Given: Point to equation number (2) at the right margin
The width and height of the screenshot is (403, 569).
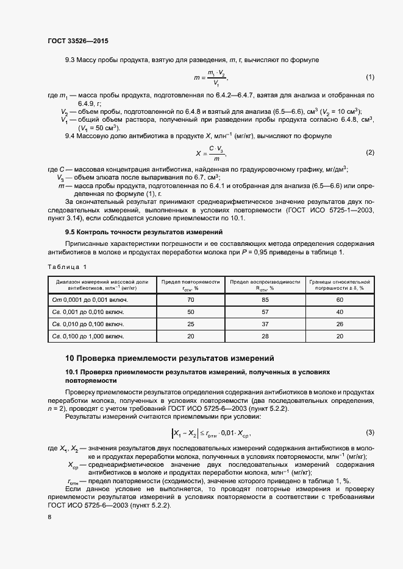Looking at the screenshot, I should click(x=369, y=152).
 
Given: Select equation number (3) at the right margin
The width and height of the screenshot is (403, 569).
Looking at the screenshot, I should click(x=369, y=432).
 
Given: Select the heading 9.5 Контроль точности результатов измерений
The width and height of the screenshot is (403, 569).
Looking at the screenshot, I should click(x=144, y=232).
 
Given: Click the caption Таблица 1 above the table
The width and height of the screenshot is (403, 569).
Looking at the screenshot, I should click(x=67, y=267).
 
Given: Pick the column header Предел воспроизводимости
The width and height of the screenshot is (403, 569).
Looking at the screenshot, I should click(x=265, y=284).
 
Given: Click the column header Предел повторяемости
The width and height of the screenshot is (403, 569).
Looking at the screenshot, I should click(x=191, y=284).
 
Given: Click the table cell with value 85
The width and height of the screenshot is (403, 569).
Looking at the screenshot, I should click(x=265, y=300).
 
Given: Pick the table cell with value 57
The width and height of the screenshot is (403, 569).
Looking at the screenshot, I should click(x=265, y=312).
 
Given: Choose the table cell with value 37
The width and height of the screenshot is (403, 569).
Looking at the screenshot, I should click(x=265, y=324).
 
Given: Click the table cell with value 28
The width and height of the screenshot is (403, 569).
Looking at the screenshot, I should click(x=265, y=335).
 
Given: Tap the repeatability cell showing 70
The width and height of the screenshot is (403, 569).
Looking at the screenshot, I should click(x=191, y=300).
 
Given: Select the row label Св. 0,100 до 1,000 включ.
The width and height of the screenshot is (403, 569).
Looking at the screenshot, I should click(x=89, y=335).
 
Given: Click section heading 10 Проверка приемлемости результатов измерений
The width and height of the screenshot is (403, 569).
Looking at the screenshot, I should click(x=169, y=358).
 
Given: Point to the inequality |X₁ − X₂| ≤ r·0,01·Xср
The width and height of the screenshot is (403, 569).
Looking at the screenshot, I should click(x=211, y=433).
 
